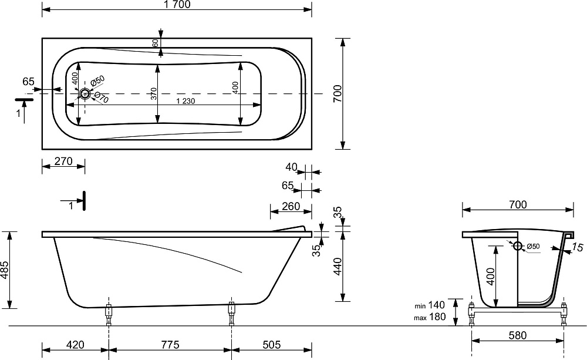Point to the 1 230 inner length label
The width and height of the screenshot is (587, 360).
coord(185,101)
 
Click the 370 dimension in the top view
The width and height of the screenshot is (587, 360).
coord(153,93)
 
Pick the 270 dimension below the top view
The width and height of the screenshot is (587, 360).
coord(63,161)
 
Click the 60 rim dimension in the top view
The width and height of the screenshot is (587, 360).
coord(155,43)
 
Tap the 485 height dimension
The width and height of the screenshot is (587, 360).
coord(5,270)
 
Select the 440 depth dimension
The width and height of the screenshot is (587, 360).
coord(338,267)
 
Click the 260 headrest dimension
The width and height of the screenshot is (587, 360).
coord(291,206)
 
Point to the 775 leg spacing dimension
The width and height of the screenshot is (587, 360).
coord(170,344)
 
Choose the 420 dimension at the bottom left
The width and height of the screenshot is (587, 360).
coord(75,344)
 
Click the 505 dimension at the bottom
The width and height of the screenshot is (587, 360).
coord(271,344)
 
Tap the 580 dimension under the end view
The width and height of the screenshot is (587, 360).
coord(518,335)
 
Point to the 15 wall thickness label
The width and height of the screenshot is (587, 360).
coord(578,247)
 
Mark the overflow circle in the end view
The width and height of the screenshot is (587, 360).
coord(517,246)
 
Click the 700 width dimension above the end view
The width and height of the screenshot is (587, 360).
coord(518,204)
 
